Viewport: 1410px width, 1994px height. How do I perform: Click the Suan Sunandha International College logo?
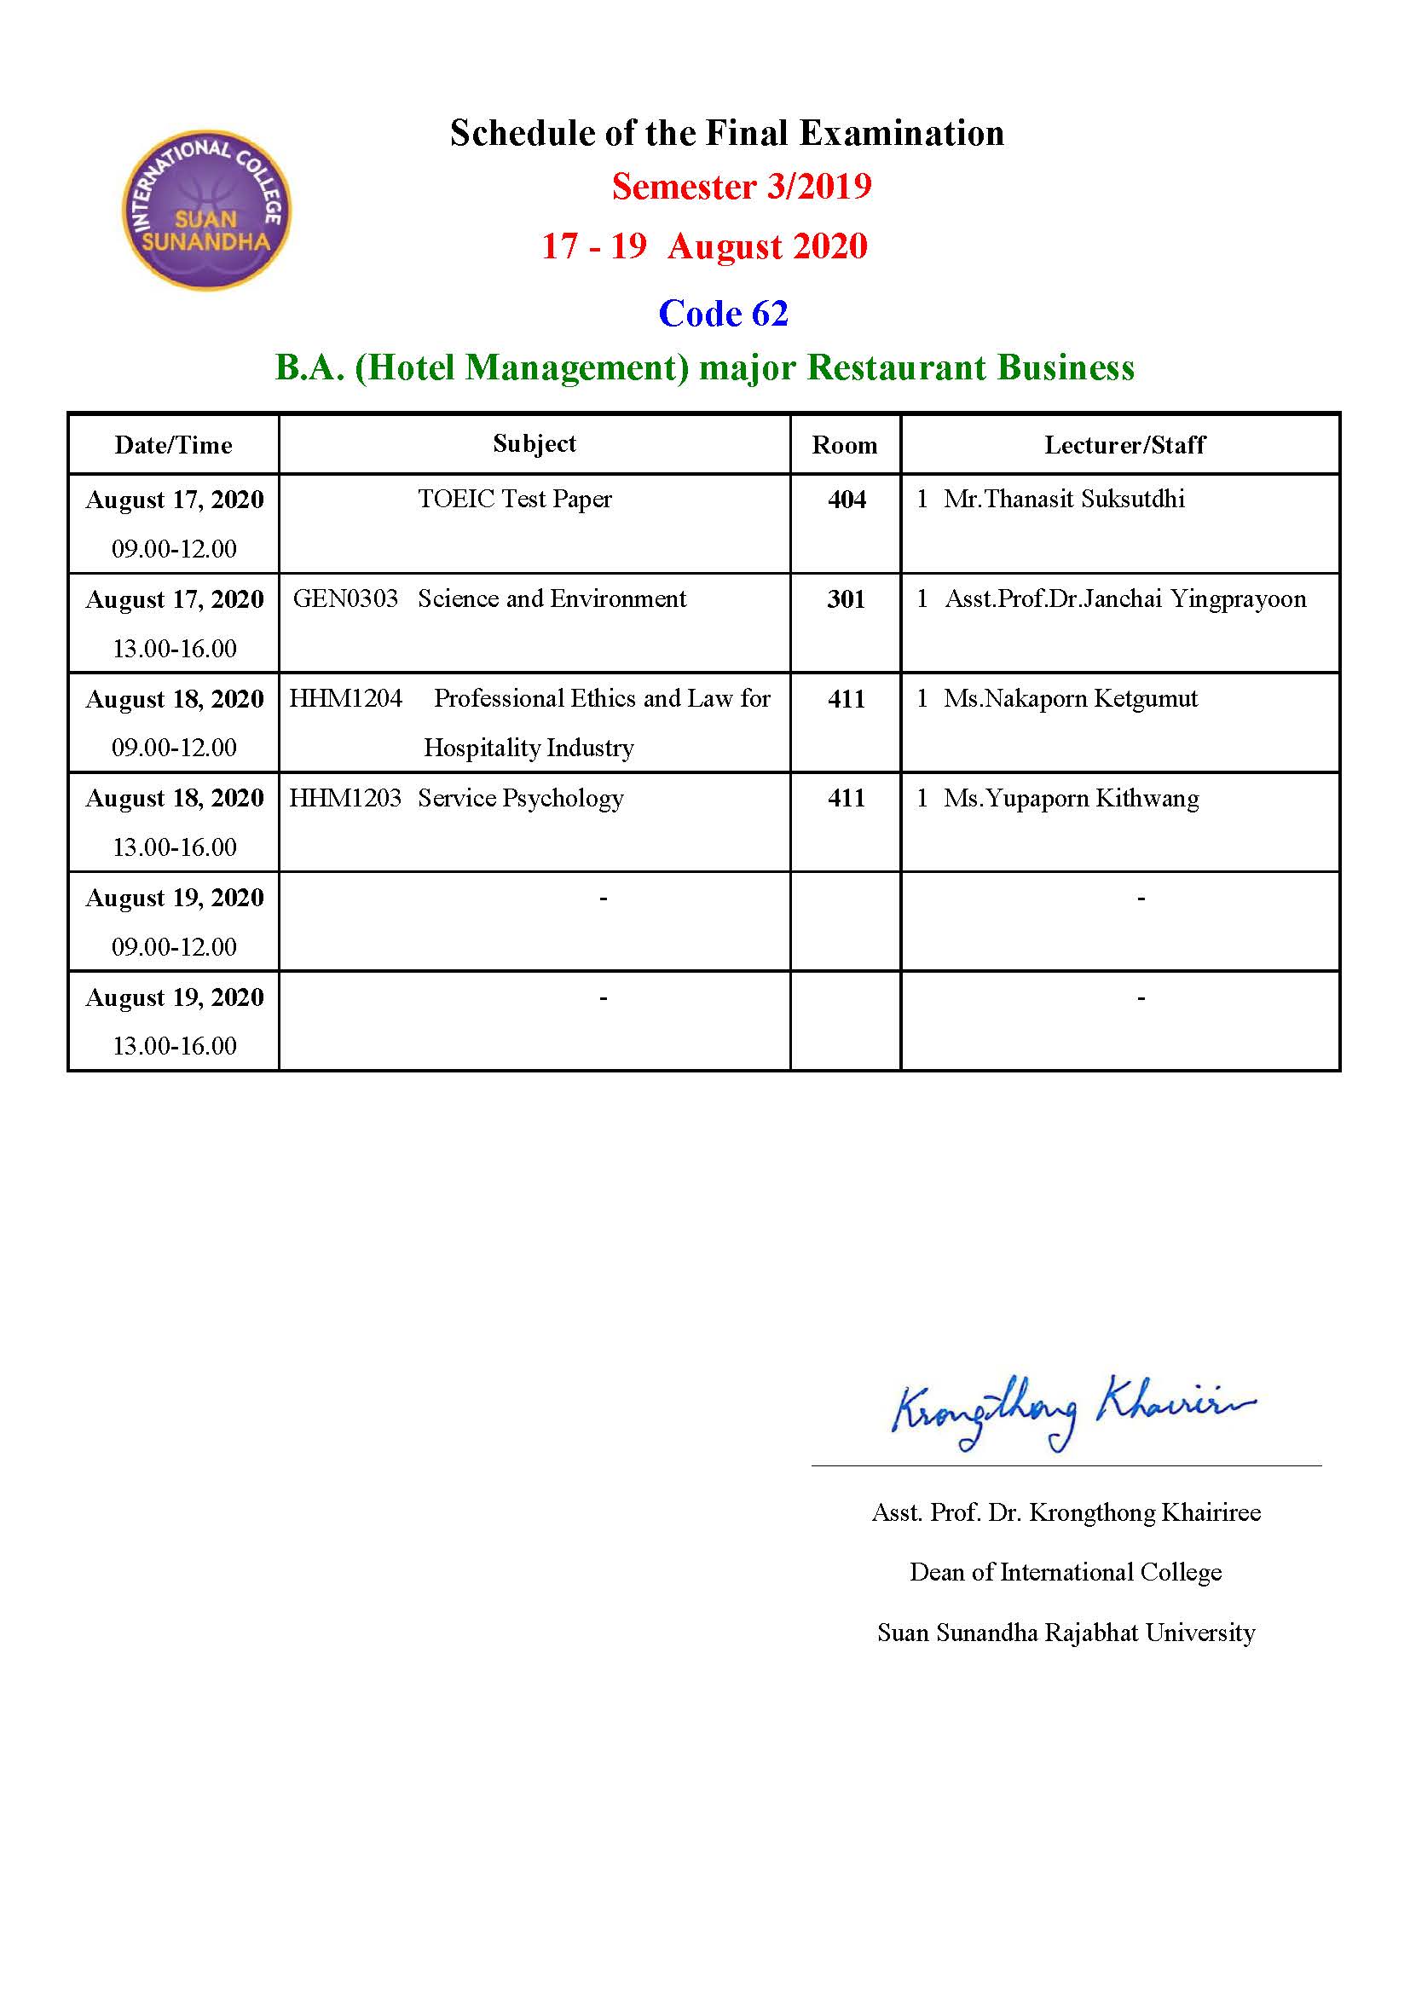click(x=206, y=211)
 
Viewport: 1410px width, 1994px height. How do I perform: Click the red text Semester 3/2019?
click(x=742, y=187)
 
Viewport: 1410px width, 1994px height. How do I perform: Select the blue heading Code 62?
click(x=723, y=314)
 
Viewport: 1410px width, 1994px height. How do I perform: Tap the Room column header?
click(x=844, y=446)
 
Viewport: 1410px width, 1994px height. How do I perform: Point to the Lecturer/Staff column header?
click(x=1124, y=446)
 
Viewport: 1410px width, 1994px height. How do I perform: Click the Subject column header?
click(x=534, y=444)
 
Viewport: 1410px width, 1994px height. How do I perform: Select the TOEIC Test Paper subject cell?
click(x=515, y=500)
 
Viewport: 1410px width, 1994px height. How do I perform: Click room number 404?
click(x=847, y=500)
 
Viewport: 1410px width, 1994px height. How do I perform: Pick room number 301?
click(x=846, y=599)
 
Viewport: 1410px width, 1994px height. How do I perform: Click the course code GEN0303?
click(x=345, y=598)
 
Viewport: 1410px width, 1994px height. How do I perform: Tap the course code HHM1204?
click(x=345, y=698)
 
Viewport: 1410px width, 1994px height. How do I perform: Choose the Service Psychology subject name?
click(x=521, y=798)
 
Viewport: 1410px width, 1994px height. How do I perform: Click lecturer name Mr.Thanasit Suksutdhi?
click(x=1065, y=500)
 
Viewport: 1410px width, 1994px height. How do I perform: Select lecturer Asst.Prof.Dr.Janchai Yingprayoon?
click(x=1125, y=599)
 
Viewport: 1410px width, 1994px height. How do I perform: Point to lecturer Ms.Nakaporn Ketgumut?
click(x=1071, y=698)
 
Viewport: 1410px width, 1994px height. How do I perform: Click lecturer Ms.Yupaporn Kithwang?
click(x=1072, y=798)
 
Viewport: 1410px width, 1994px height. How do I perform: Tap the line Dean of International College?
click(x=1066, y=1572)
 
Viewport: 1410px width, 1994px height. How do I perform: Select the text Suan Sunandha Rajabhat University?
click(x=1066, y=1633)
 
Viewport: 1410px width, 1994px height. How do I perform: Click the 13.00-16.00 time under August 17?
click(x=175, y=649)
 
